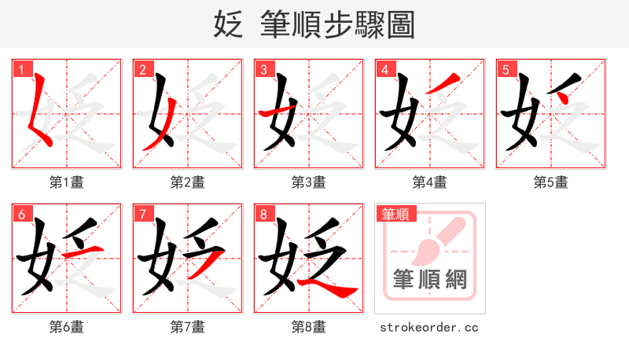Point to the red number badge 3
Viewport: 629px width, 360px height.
coord(264,70)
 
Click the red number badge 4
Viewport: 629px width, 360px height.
coord(385,70)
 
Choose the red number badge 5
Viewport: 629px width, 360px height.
coord(506,70)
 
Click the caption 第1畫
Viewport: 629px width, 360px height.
coord(67,182)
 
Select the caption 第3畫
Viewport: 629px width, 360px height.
coord(309,182)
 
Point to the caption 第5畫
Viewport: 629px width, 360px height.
coord(550,182)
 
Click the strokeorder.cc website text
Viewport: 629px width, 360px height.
coord(429,327)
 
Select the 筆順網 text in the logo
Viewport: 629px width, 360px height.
coord(430,279)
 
